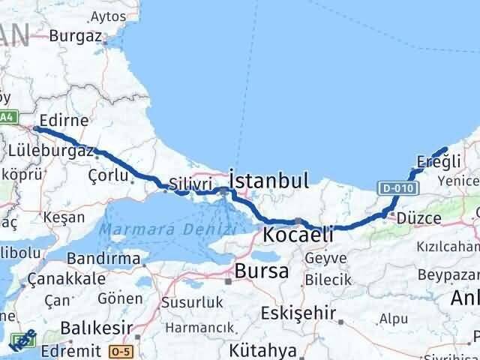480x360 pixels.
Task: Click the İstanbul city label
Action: [269, 181]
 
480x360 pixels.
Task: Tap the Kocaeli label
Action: [298, 235]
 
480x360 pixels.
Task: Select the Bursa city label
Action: [261, 271]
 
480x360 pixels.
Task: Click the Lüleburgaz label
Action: [50, 151]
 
